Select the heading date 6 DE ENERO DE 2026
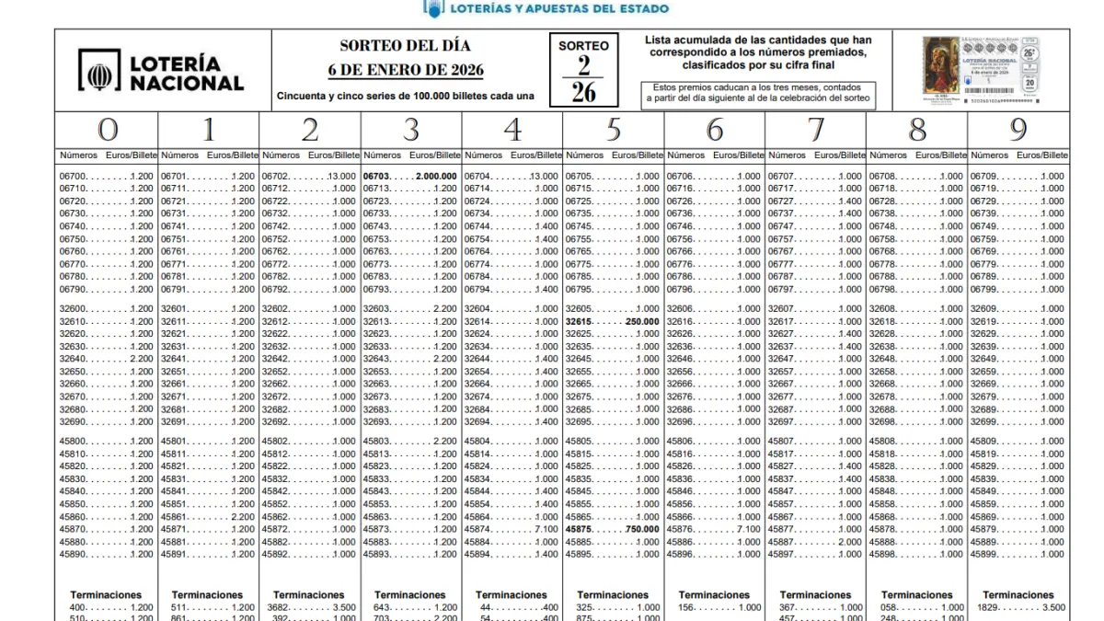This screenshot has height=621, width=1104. (406, 71)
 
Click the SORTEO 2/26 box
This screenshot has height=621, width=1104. (583, 69)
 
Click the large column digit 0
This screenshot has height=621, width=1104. (107, 130)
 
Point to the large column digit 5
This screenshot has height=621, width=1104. (614, 130)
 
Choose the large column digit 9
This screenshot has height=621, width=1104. (1018, 130)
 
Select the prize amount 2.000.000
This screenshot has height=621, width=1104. (436, 176)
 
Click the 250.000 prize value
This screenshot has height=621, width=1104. (641, 322)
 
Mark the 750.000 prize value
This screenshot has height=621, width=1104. (641, 529)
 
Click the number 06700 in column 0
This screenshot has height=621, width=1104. (73, 176)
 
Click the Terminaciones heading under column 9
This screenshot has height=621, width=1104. (1018, 595)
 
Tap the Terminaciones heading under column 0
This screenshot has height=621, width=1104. (106, 595)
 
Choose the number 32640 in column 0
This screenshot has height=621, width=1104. (73, 359)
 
